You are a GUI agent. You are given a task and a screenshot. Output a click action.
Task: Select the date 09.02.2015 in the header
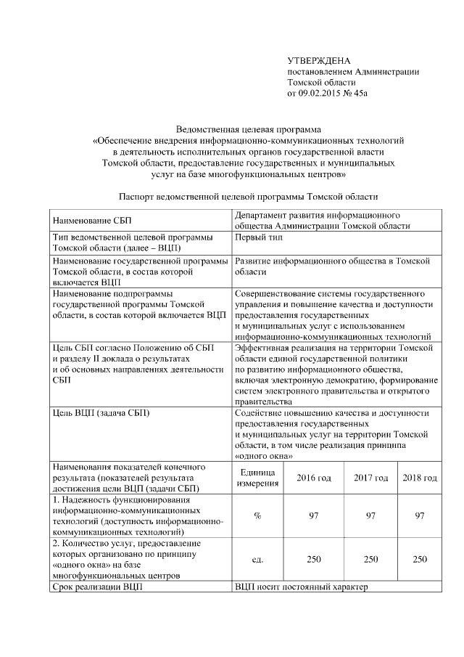click(x=322, y=93)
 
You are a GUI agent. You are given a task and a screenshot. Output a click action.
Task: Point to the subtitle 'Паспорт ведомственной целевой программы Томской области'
click(x=248, y=197)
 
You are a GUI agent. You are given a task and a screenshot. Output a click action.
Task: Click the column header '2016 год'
click(x=314, y=478)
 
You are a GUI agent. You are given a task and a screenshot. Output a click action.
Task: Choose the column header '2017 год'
click(x=370, y=478)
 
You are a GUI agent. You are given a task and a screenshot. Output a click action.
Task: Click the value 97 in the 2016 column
click(x=314, y=515)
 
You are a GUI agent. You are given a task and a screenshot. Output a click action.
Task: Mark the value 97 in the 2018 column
click(x=420, y=515)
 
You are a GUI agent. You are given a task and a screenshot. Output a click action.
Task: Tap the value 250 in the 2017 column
click(x=370, y=559)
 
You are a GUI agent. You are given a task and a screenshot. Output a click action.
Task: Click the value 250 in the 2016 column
click(x=314, y=559)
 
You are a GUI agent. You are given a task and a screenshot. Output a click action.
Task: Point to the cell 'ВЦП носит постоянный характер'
click(x=302, y=586)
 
